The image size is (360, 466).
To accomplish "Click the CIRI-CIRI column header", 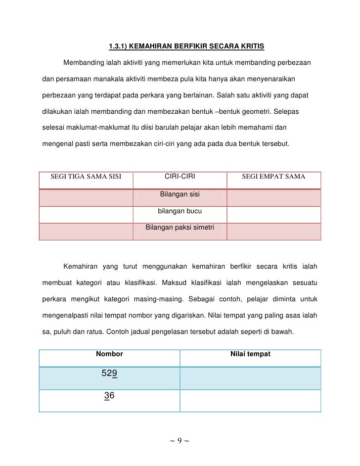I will click(180, 177).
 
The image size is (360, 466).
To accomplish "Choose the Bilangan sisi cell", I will click(180, 194).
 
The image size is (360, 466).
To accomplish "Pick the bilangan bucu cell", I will click(180, 212).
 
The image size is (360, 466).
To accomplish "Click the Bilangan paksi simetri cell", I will click(180, 229).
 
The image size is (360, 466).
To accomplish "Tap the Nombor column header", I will click(109, 354).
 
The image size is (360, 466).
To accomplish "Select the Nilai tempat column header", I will click(250, 354).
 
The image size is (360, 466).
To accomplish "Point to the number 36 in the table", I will click(109, 396).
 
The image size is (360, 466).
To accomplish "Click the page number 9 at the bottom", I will click(180, 440).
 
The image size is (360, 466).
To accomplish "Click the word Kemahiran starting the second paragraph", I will click(80, 267).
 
